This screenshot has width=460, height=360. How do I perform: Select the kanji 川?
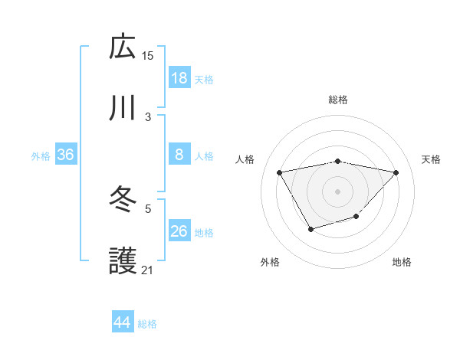123,108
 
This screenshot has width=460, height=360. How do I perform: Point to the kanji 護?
123,261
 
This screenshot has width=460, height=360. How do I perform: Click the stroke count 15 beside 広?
148,55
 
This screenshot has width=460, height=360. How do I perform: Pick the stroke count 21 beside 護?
148,270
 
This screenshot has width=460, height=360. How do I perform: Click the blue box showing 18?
179,78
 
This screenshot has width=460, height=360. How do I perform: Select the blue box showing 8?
179,155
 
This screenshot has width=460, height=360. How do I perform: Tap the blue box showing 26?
179,231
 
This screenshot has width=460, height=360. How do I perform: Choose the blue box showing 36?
66,155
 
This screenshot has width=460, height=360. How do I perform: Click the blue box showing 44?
123,322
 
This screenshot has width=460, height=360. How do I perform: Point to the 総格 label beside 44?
147,324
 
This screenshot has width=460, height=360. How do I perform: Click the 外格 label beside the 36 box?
41,156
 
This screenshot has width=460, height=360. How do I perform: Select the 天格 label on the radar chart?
432,159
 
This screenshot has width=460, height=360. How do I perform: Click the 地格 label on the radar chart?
402,262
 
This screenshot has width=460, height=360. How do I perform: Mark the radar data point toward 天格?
396,172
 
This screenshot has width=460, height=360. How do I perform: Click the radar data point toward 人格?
280,172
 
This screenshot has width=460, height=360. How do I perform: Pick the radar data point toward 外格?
310,228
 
